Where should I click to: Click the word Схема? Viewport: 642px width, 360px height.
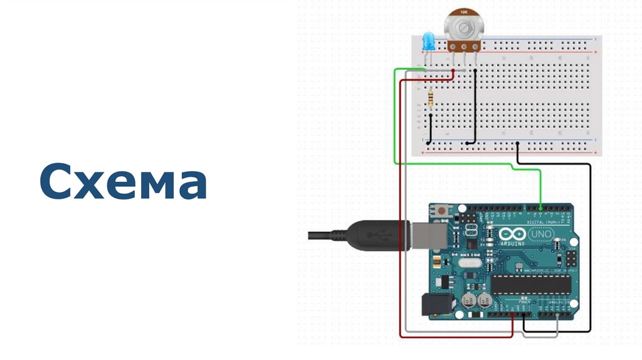click(x=123, y=181)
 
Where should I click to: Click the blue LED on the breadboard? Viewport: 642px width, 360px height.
click(x=428, y=43)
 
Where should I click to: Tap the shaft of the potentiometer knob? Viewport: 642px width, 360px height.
click(x=463, y=28)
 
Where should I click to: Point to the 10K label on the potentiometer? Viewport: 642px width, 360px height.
click(x=463, y=12)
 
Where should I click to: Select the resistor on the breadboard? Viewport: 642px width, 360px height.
click(x=430, y=98)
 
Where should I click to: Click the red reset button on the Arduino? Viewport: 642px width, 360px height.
click(x=443, y=211)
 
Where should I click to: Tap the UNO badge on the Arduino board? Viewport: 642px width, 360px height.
click(x=540, y=233)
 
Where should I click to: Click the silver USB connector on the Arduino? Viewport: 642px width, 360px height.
click(x=431, y=236)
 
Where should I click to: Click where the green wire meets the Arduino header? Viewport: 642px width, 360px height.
click(x=540, y=206)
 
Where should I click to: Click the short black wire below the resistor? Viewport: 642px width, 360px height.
click(x=429, y=129)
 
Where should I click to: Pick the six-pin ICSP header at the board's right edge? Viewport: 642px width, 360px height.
click(x=571, y=259)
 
